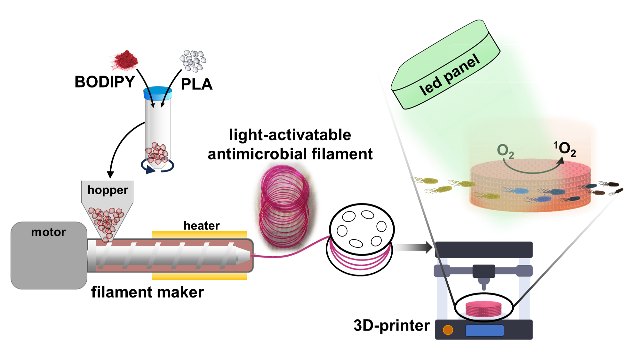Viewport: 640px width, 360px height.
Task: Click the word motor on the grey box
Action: [x=48, y=232]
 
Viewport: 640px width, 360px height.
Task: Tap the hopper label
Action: [x=108, y=190]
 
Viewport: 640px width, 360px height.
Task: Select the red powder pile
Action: [x=124, y=60]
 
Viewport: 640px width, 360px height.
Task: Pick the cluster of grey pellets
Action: [x=193, y=60]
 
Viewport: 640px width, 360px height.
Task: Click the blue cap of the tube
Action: [x=158, y=93]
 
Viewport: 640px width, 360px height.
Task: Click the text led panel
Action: [x=449, y=75]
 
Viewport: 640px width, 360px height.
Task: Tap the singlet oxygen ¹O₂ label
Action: [x=565, y=149]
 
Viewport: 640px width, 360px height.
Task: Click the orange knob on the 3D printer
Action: [x=448, y=330]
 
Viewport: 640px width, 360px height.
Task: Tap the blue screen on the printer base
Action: [x=484, y=330]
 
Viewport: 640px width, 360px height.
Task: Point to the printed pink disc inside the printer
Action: [x=484, y=309]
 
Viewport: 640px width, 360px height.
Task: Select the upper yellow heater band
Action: [x=199, y=234]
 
